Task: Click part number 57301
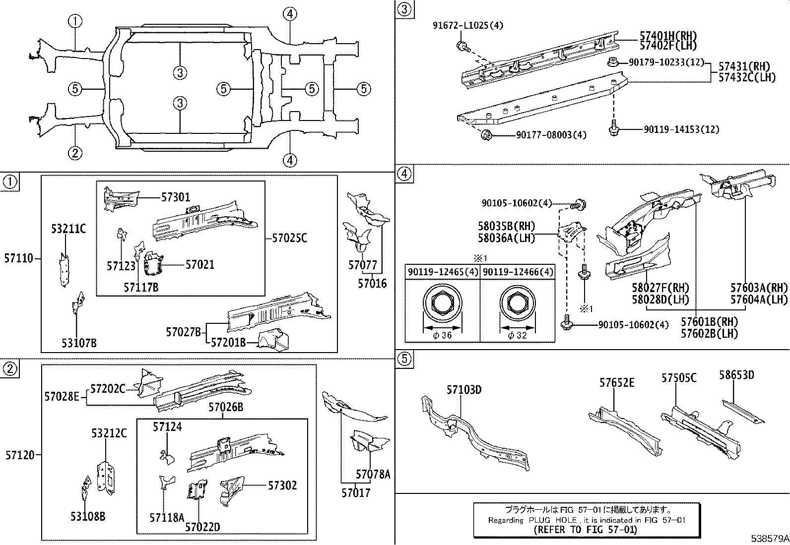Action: point(175,197)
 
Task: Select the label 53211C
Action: point(68,229)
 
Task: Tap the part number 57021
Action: point(200,265)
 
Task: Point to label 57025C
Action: point(289,238)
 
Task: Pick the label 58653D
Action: point(736,375)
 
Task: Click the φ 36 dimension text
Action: point(442,335)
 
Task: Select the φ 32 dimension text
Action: point(517,335)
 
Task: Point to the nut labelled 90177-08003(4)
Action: point(486,134)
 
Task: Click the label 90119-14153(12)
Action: point(681,129)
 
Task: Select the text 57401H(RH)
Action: point(668,36)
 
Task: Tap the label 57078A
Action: point(373,474)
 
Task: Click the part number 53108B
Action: point(88,517)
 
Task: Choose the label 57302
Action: point(282,485)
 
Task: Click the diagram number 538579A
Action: point(769,538)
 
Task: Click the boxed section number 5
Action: point(404,359)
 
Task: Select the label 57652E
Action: point(616,382)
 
